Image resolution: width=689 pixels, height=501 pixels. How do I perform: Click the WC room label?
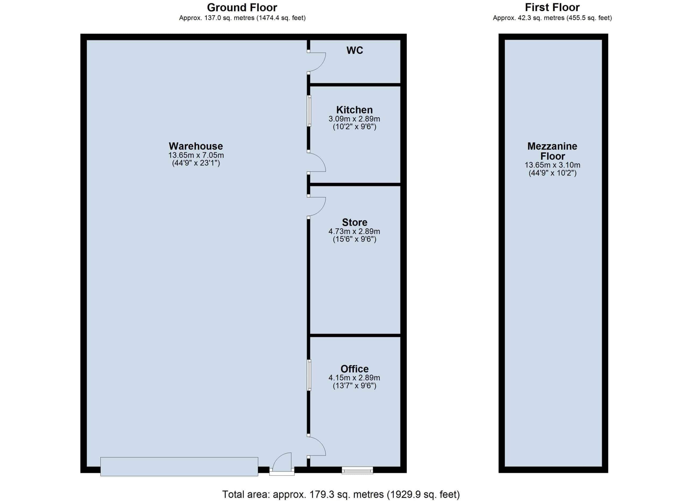(354, 50)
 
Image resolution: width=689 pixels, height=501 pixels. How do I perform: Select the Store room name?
(354, 222)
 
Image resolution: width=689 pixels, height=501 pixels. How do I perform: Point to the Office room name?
(354, 369)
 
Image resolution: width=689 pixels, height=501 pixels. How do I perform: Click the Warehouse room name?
(196, 146)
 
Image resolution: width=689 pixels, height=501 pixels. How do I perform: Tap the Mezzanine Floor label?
(552, 151)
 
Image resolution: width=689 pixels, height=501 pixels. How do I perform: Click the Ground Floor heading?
(242, 7)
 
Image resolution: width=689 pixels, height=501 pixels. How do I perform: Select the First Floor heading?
(552, 7)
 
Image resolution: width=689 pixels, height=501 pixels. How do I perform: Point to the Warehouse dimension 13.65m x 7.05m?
(196, 155)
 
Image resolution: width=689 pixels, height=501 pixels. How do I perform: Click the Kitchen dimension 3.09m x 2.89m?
(354, 119)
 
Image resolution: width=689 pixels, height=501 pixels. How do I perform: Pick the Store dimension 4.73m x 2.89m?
(354, 231)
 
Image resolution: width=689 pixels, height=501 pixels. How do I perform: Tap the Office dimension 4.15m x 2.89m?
(354, 378)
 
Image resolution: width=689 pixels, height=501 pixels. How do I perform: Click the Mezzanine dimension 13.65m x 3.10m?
(552, 165)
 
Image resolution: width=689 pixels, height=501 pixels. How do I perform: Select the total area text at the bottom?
(341, 494)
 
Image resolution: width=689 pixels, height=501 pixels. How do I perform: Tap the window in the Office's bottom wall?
(357, 470)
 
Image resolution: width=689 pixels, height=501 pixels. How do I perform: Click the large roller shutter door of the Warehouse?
(179, 467)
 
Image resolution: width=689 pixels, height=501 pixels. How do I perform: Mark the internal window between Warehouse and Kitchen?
(309, 111)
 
